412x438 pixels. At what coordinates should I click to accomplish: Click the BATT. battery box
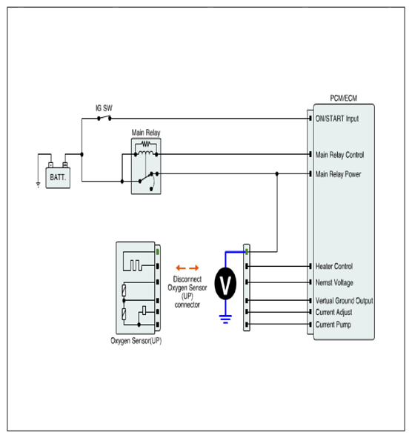(x=58, y=178)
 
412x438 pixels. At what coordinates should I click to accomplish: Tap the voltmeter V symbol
(x=225, y=284)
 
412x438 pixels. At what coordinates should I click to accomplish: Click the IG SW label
(x=104, y=108)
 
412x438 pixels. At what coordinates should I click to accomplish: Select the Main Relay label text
(x=146, y=133)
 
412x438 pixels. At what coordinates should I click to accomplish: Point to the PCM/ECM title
(x=344, y=99)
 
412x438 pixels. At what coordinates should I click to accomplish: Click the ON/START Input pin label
(x=337, y=119)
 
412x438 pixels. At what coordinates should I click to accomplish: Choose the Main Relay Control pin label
(x=339, y=155)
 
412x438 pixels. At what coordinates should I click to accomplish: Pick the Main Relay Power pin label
(x=338, y=174)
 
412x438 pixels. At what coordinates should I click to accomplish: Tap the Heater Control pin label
(x=334, y=266)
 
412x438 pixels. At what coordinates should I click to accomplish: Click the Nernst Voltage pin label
(x=334, y=282)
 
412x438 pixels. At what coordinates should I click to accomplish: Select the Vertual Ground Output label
(x=344, y=301)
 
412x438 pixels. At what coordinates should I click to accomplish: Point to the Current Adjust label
(x=333, y=312)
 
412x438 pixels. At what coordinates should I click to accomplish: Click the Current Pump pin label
(x=333, y=325)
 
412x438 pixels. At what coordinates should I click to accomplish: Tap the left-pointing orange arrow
(x=181, y=268)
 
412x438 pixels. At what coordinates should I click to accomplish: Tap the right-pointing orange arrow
(x=194, y=268)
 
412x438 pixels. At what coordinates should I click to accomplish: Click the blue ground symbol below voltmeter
(x=225, y=319)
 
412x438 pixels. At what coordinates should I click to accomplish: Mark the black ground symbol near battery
(x=38, y=185)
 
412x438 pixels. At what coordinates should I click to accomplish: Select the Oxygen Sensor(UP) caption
(x=136, y=341)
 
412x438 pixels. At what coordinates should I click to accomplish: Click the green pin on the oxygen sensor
(x=158, y=252)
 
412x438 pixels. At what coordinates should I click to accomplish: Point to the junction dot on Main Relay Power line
(x=277, y=173)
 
